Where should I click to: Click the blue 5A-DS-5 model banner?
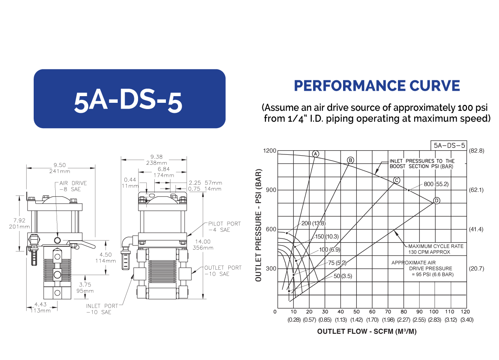pos(129,99)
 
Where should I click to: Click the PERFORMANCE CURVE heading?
pos(377,86)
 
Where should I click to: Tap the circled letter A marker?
pos(316,154)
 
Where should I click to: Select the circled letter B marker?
pos(351,160)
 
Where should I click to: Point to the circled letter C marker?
pos(396,180)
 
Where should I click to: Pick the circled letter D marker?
pos(437,201)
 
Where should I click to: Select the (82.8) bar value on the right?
pos(476,151)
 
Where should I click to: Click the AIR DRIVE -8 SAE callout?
pos(73,186)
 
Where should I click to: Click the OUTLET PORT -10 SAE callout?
pos(222,271)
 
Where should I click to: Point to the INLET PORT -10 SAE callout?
pos(102,309)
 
